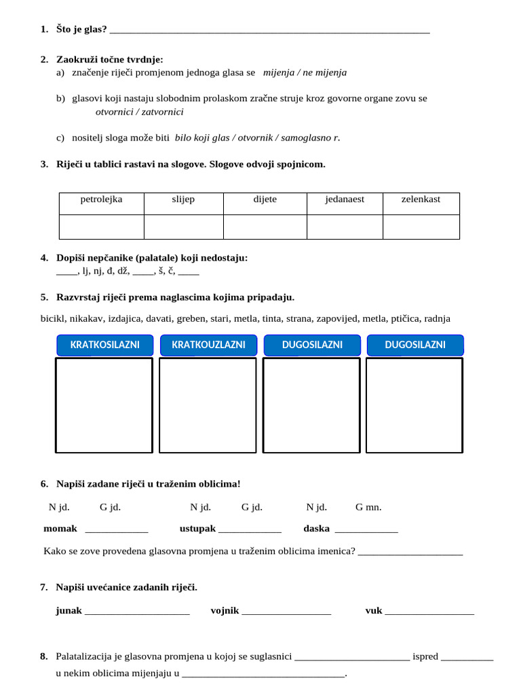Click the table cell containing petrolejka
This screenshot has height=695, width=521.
pyautogui.click(x=101, y=200)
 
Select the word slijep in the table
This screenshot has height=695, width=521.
pyautogui.click(x=183, y=200)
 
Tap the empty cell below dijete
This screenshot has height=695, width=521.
pyautogui.click(x=265, y=227)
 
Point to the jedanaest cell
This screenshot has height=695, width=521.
pyautogui.click(x=345, y=200)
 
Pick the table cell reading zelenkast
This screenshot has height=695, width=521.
pyautogui.click(x=421, y=200)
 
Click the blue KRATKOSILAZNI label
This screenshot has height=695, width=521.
pyautogui.click(x=104, y=345)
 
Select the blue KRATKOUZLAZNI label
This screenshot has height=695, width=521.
pyautogui.click(x=208, y=345)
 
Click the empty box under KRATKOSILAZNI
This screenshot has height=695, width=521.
pyautogui.click(x=104, y=405)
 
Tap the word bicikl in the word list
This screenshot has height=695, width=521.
pyautogui.click(x=54, y=318)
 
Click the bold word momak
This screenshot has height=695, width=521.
pyautogui.click(x=60, y=529)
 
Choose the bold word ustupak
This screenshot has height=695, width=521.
pyautogui.click(x=197, y=529)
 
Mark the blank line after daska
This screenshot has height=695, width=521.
pyautogui.click(x=366, y=530)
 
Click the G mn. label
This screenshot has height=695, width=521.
pyautogui.click(x=368, y=507)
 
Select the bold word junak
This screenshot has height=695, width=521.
pyautogui.click(x=69, y=611)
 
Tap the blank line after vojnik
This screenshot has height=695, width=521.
pyautogui.click(x=286, y=612)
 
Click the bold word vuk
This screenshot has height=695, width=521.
pyautogui.click(x=374, y=611)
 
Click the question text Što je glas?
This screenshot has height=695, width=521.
pyautogui.click(x=81, y=29)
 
